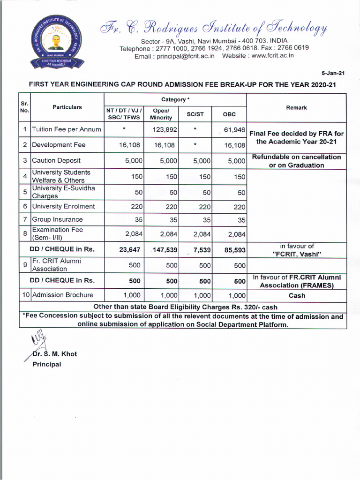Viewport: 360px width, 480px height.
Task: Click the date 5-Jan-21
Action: (x=333, y=74)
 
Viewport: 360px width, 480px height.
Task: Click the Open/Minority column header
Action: (x=161, y=114)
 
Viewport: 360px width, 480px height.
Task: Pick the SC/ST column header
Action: (x=195, y=114)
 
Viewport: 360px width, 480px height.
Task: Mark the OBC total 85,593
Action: (x=235, y=250)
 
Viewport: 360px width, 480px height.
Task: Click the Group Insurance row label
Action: (x=57, y=219)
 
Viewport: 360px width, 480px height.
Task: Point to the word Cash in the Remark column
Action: (x=297, y=295)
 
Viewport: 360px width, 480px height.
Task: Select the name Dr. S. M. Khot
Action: (x=54, y=354)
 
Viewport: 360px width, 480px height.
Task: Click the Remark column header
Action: (x=296, y=107)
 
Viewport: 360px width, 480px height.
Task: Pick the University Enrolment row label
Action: (x=63, y=206)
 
